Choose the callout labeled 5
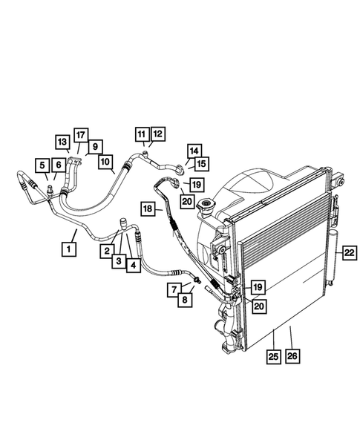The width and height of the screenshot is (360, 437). click(43, 165)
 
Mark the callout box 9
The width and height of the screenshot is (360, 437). click(96, 146)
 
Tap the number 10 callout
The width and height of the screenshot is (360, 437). click(105, 160)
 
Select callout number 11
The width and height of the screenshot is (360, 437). click(141, 134)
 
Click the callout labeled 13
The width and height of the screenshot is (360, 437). click(62, 142)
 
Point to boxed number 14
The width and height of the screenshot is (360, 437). click(193, 150)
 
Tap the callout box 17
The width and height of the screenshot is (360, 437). click(80, 134)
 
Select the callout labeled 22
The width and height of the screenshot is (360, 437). click(349, 253)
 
